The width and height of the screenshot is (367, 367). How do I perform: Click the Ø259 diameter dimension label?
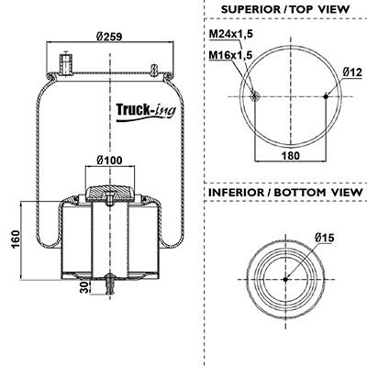109,37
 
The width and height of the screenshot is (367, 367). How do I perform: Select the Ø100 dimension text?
109,160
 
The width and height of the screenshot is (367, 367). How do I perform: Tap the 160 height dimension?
15,239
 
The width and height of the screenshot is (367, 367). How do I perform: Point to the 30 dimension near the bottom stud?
84,287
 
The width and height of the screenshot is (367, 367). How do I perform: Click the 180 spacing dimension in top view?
290,155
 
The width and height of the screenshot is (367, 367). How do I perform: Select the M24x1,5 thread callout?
231,34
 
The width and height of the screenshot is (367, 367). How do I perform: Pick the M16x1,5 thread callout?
231,55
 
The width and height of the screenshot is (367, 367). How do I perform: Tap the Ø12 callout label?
352,72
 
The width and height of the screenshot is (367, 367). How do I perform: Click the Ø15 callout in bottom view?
324,238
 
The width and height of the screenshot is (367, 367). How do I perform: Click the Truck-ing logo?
146,111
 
